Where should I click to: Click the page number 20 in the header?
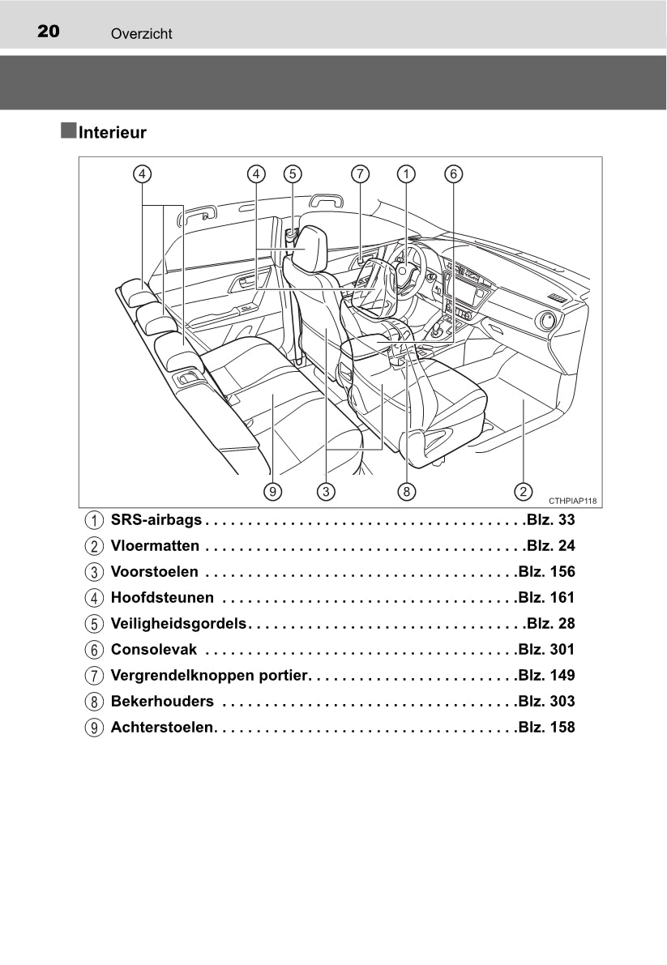pos(49,31)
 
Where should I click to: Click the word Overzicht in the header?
pos(142,34)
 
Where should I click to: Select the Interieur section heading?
pos(113,132)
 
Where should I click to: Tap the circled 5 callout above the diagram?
pos(293,174)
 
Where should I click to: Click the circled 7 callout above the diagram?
pos(361,174)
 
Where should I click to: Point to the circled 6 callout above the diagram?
pos(454,174)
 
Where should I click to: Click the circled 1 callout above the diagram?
pos(406,174)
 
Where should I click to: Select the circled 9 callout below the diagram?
pos(272,492)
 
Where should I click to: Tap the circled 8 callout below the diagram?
pos(407,492)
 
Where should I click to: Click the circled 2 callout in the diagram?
pos(523,492)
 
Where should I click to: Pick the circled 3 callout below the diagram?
pos(326,492)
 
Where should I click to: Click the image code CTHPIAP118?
pos(572,501)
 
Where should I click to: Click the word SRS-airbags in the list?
pos(156,520)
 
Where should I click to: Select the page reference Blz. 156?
pos(546,572)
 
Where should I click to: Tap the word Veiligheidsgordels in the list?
pos(178,623)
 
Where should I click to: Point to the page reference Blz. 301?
pos(546,649)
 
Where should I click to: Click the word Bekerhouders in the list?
pos(162,701)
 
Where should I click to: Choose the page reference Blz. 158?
pos(546,727)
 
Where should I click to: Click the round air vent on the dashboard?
pos(545,321)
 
